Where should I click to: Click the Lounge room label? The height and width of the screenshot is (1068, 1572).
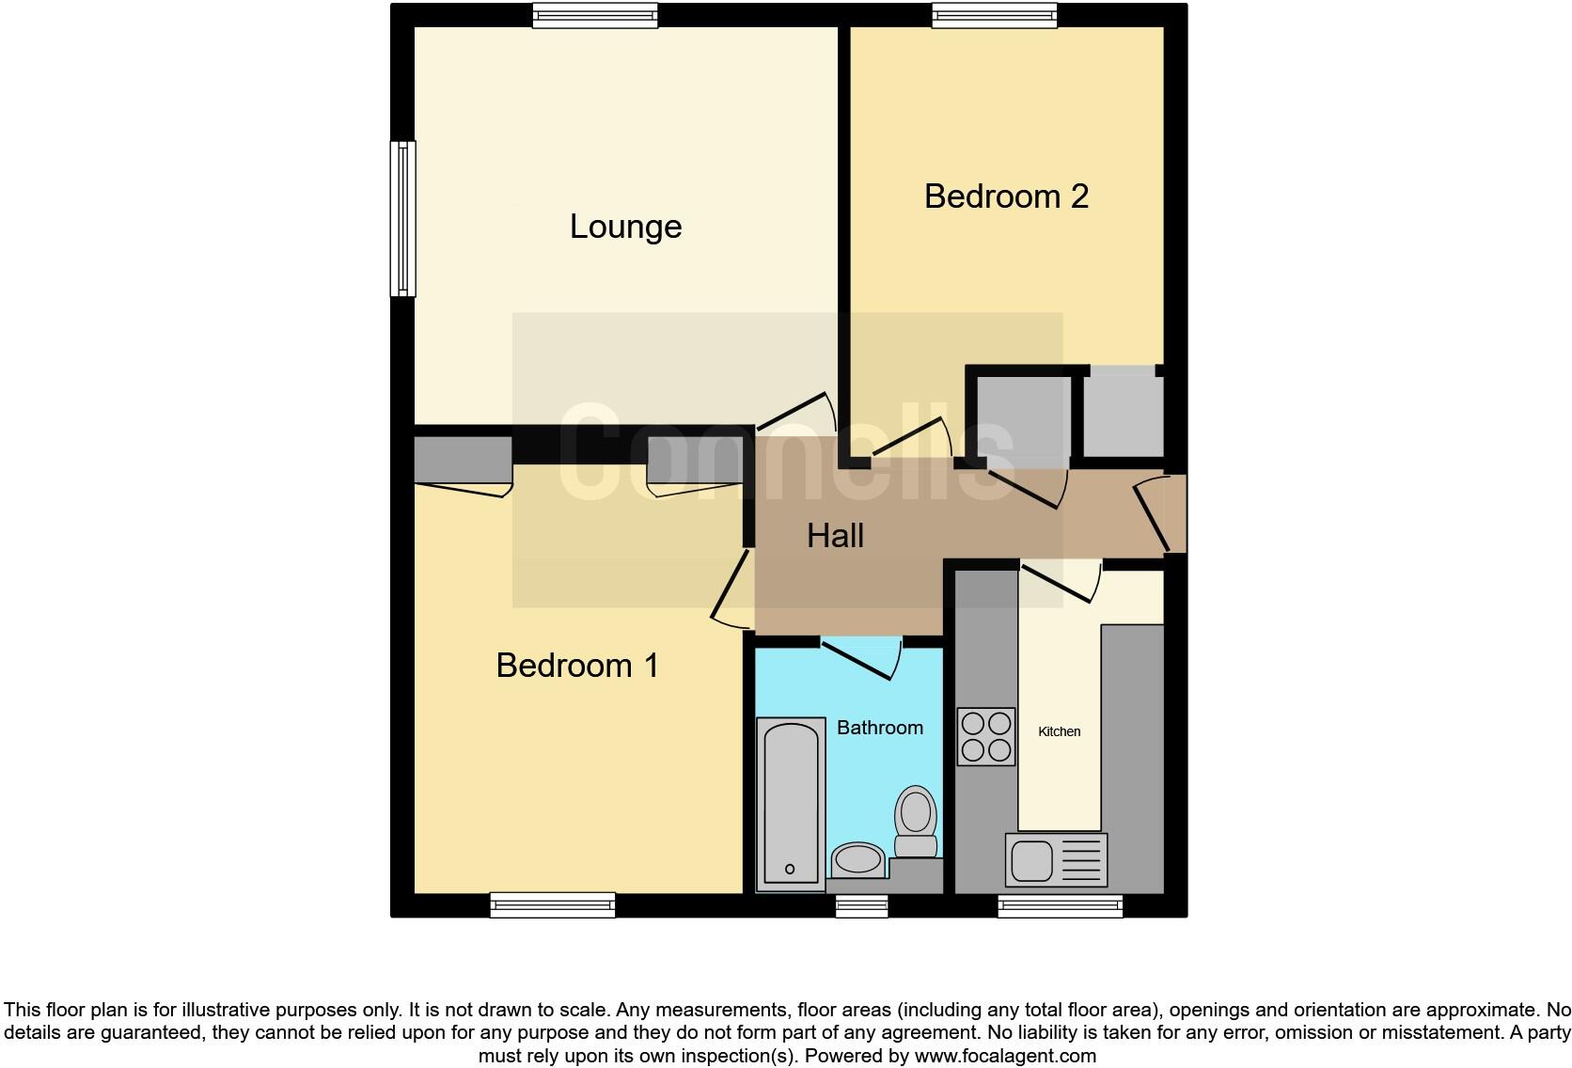(625, 228)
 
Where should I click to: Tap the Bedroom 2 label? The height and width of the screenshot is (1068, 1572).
(1006, 196)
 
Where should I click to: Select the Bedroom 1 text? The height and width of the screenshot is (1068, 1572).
(577, 666)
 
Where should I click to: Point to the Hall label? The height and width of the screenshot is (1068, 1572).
(835, 536)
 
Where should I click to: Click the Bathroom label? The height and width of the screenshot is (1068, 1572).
(879, 728)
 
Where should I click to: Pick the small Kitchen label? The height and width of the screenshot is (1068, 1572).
(1059, 731)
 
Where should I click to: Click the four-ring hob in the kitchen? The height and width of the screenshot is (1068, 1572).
(986, 736)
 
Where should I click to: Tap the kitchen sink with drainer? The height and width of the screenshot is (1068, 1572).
(1056, 859)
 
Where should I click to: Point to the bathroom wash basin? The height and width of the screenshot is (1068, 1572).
(857, 858)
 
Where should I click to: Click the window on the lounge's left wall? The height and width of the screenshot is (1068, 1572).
(403, 218)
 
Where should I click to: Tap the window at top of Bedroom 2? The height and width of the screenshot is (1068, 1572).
(995, 14)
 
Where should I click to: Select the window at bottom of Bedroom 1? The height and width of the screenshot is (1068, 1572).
(553, 905)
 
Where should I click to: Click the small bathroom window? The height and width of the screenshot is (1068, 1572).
(862, 905)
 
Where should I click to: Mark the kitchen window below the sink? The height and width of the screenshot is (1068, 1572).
(1060, 905)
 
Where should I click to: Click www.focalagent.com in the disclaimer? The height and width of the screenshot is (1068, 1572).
(1005, 1056)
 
